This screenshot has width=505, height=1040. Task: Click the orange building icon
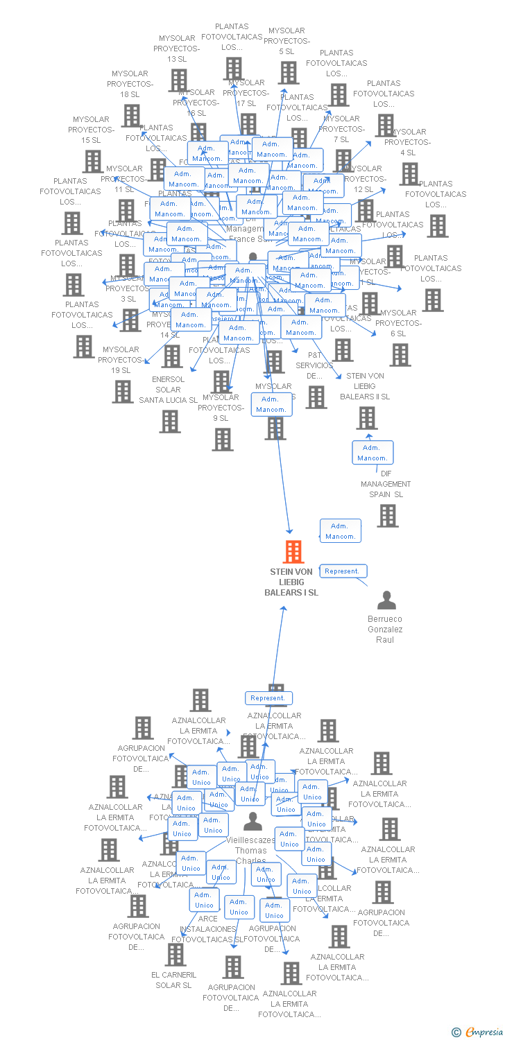pyautogui.click(x=294, y=552)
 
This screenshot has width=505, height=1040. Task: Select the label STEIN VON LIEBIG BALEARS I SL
pyautogui.click(x=291, y=582)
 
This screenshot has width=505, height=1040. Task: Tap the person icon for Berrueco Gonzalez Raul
pyautogui.click(x=386, y=600)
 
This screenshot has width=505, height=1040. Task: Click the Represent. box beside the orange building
pyautogui.click(x=343, y=571)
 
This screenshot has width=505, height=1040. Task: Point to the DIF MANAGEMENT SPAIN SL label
pyautogui.click(x=386, y=484)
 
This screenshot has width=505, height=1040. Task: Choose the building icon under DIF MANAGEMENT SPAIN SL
pyautogui.click(x=388, y=515)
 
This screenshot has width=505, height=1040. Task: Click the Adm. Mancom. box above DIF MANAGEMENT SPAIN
pyautogui.click(x=373, y=453)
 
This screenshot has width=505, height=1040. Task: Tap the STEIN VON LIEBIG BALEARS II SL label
pyautogui.click(x=365, y=386)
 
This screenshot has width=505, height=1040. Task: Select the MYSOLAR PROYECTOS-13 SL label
pyautogui.click(x=177, y=49)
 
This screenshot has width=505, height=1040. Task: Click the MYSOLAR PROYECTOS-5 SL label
pyautogui.click(x=286, y=41)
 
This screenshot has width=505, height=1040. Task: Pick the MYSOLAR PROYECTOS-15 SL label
pyautogui.click(x=92, y=130)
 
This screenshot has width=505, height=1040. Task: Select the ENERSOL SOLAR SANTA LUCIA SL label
pyautogui.click(x=168, y=390)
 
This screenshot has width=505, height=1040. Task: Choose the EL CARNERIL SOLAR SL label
pyautogui.click(x=173, y=980)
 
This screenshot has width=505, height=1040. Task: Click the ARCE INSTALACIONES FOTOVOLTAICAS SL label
pyautogui.click(x=207, y=929)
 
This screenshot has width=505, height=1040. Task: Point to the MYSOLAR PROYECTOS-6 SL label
pyautogui.click(x=399, y=323)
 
